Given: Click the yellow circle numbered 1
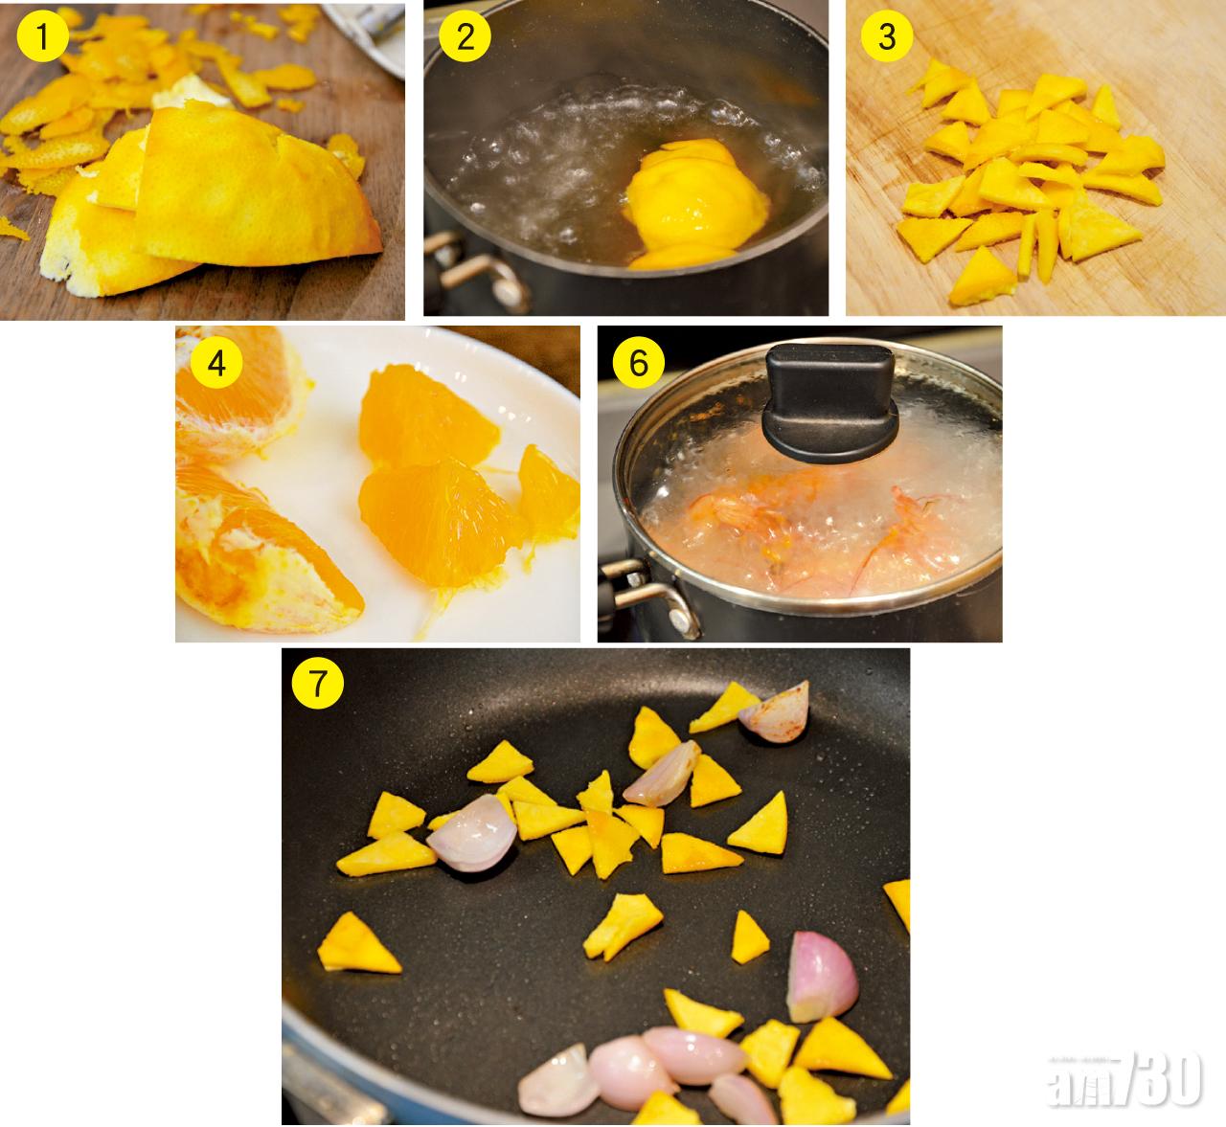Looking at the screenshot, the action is click(42, 36).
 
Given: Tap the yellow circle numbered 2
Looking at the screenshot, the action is click(465, 36).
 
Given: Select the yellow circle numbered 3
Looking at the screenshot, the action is click(887, 36).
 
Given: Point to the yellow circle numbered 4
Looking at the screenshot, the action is click(216, 363).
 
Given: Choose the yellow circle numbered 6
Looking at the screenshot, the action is click(639, 363).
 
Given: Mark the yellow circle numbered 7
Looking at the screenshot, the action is click(318, 682).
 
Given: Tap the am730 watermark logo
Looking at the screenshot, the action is click(1124, 1079).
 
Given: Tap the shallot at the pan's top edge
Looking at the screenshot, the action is click(775, 712).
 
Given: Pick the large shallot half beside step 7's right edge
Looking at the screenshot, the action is click(822, 978).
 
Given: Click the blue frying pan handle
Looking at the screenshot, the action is click(330, 1088).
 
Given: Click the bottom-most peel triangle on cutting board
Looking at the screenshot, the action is click(982, 277).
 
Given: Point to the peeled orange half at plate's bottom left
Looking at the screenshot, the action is click(262, 550).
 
